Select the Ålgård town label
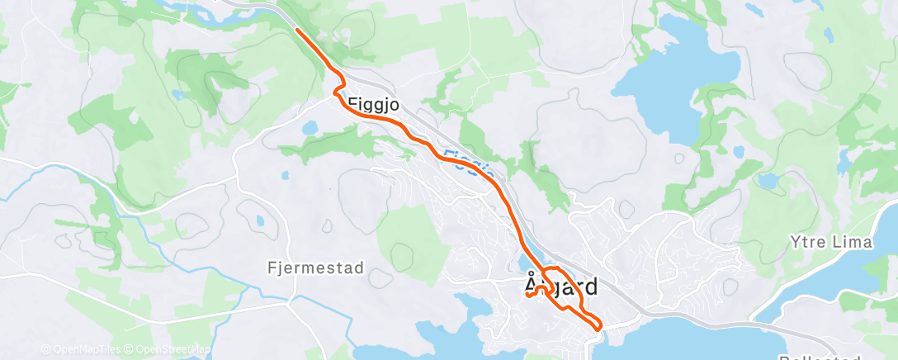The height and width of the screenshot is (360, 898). point(561,287)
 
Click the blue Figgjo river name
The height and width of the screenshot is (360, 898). point(467,162)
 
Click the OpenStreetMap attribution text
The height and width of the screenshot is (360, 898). point(175,348)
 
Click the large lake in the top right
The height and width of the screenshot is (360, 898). point(677,83)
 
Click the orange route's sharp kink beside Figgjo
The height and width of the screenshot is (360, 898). point(336,92)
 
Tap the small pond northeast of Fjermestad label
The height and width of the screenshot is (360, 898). point(261,222)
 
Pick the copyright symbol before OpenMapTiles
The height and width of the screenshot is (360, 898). point(45,348)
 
